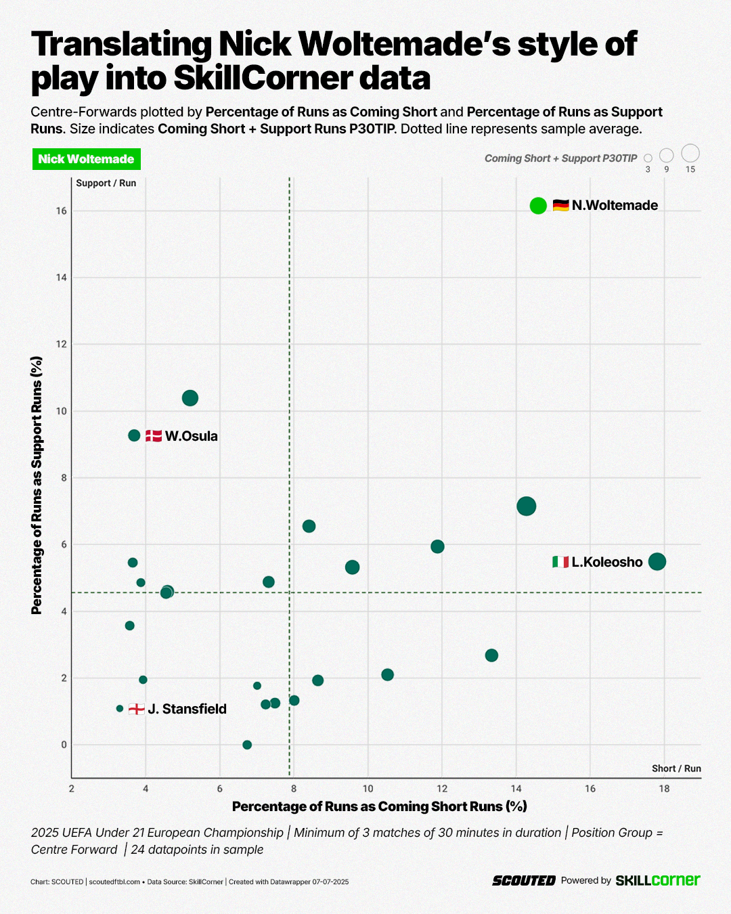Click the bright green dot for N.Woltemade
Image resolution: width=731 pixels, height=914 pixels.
(538, 206)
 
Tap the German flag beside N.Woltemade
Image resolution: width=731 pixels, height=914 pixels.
(560, 205)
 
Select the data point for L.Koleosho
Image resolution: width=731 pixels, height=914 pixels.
(657, 561)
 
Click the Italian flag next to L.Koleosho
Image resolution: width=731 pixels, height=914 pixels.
(560, 562)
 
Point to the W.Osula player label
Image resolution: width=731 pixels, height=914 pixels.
(192, 436)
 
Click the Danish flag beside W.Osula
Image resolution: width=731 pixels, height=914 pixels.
(154, 436)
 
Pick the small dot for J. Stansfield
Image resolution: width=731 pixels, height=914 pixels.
(120, 708)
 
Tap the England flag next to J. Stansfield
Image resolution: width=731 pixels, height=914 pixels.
(137, 709)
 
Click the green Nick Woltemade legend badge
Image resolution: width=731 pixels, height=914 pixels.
(86, 159)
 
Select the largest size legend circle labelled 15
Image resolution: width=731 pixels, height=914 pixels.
(690, 153)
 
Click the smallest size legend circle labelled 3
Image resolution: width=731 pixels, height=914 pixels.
(648, 158)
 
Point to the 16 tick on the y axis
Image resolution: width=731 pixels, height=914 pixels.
(62, 211)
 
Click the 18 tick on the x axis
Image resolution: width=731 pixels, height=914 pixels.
(664, 789)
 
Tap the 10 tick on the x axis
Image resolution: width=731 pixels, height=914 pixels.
(368, 789)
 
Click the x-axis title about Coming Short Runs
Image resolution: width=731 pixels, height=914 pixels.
(379, 806)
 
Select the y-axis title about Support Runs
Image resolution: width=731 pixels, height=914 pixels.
(37, 485)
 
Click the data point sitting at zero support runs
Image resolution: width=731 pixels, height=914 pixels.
(247, 745)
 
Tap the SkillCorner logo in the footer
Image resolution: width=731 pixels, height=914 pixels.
(657, 880)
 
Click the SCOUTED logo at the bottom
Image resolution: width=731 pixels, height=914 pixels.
(524, 881)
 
